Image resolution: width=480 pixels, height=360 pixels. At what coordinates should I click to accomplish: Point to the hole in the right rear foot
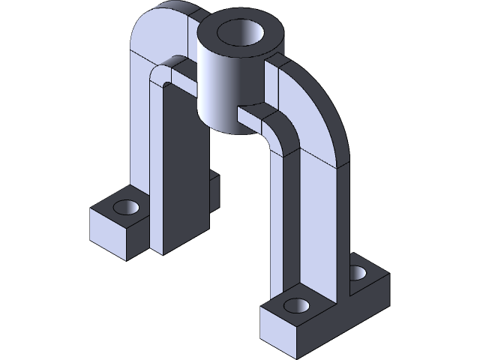coord(359,272)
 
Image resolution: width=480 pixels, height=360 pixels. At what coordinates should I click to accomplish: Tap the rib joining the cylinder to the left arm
coord(181,74)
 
